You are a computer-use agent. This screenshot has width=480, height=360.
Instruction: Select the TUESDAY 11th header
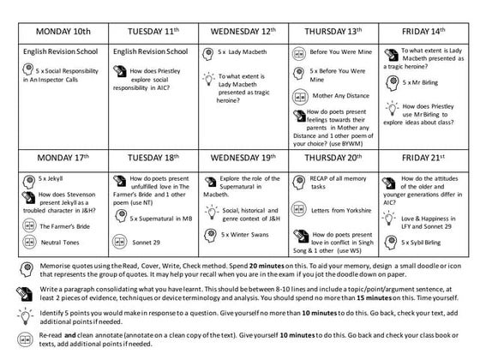[153, 31]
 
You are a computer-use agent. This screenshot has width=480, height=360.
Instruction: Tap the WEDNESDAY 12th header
[243, 31]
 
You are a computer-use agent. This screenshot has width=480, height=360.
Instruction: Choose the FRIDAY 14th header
[423, 31]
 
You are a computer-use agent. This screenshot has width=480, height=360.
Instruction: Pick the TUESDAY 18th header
[153, 159]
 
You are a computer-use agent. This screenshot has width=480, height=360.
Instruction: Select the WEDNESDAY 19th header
[243, 159]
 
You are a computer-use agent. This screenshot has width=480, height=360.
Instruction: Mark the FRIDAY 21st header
[423, 159]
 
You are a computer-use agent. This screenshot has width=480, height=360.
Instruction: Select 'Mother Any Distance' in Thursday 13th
[341, 96]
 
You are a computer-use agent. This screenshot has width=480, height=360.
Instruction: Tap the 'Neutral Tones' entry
[60, 243]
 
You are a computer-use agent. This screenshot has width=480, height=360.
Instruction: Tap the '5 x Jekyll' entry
[51, 179]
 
